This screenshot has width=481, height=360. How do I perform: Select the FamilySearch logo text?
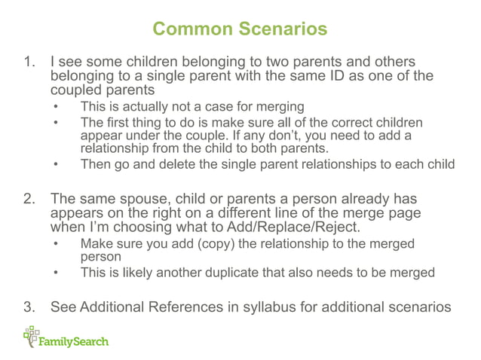click(x=75, y=341)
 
